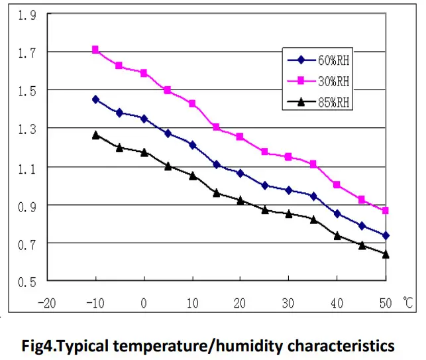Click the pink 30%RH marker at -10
click(x=95, y=50)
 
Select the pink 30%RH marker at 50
click(x=386, y=210)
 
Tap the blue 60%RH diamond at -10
click(x=95, y=99)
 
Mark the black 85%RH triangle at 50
click(x=386, y=255)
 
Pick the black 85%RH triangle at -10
click(x=95, y=135)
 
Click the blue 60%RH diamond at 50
click(x=386, y=235)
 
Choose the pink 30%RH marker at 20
click(x=240, y=137)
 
